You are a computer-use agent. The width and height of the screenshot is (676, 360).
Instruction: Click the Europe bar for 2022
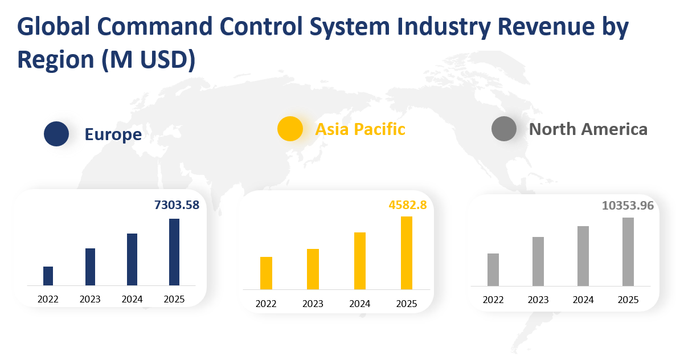point(48,276)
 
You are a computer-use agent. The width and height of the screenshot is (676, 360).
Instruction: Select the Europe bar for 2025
point(174,252)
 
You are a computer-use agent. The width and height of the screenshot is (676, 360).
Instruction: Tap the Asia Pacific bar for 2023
point(313,269)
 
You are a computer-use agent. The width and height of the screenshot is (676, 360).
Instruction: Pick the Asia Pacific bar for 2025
point(406,252)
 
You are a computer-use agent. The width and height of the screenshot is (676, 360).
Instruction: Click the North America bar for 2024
point(583,256)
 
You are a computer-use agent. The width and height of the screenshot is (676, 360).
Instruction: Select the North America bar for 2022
point(493,269)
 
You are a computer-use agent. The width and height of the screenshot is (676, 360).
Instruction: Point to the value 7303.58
point(177,205)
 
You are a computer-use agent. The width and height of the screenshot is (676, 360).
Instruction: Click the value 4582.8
point(407,204)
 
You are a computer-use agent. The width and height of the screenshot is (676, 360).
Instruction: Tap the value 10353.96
point(628,206)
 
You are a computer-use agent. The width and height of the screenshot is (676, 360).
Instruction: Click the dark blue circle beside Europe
point(56,134)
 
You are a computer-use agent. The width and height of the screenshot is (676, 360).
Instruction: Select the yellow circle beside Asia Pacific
point(290,129)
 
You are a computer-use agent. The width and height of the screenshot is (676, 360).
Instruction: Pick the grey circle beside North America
point(503,129)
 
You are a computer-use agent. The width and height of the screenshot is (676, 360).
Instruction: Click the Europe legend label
point(113,134)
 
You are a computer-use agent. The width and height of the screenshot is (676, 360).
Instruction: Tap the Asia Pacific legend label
point(360,129)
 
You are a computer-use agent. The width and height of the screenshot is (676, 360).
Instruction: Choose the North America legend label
point(588,129)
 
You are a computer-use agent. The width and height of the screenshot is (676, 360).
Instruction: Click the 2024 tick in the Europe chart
point(132,299)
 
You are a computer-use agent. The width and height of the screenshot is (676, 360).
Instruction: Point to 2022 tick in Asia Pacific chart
point(266,304)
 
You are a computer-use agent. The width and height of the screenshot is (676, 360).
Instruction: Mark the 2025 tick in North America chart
point(628,300)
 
